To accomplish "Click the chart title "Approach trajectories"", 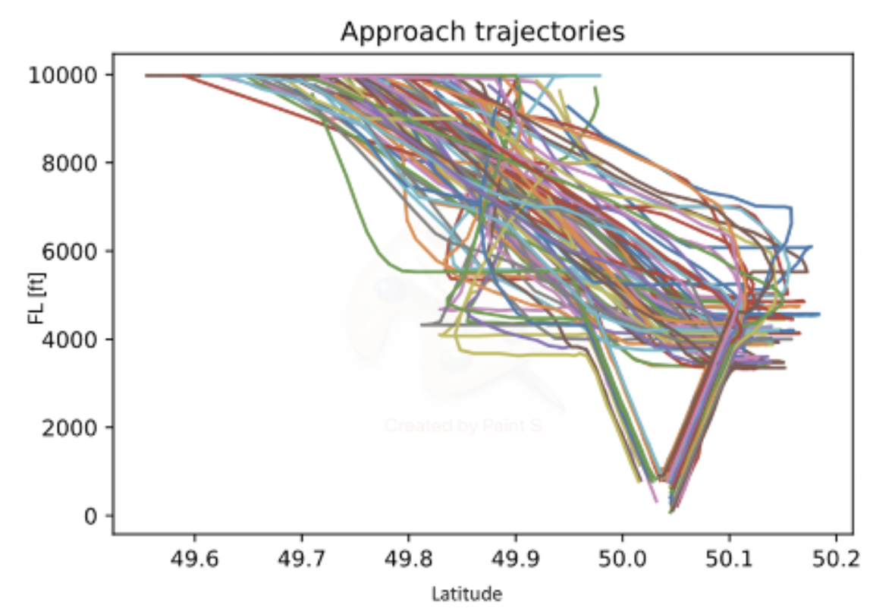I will tap(482, 32).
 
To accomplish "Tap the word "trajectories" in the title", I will tap(538, 32).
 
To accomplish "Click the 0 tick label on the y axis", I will tap(89, 516).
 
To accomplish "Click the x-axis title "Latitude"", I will tap(466, 593).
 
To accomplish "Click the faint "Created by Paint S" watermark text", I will tap(463, 425).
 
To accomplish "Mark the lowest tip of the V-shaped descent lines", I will tap(670, 512).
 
